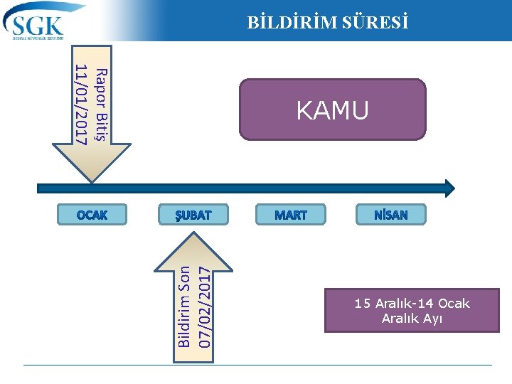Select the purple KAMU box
coord(332,109)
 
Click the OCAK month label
coord(92,215)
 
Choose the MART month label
coord(291,215)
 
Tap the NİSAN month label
coord(391,215)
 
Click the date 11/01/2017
coord(82,104)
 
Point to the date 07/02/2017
coord(205,306)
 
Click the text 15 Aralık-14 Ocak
coord(412,304)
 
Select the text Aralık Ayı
coord(412,319)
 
